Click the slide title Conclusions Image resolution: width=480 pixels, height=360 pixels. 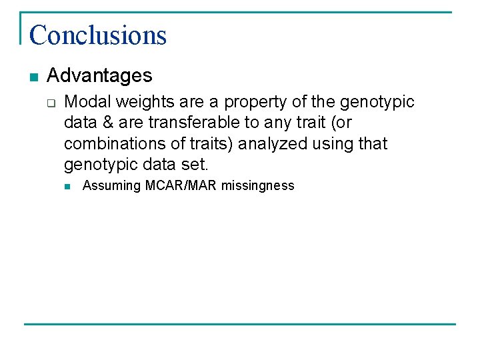(x=97, y=35)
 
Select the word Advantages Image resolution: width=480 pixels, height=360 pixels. (x=99, y=75)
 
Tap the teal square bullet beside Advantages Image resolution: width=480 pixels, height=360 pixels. (x=33, y=77)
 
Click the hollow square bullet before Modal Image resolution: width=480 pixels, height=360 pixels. (x=51, y=103)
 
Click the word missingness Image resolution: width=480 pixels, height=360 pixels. (x=257, y=186)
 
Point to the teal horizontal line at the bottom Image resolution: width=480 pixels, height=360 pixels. (x=240, y=325)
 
